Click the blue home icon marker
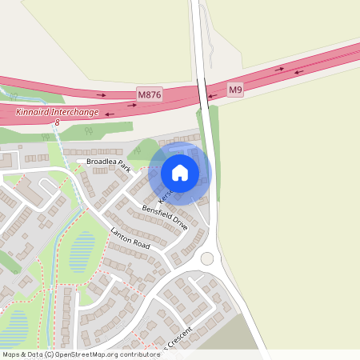pyautogui.click(x=180, y=172)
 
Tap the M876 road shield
pyautogui.click(x=150, y=95)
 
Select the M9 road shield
pyautogui.click(x=234, y=90)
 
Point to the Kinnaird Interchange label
pyautogui.click(x=58, y=113)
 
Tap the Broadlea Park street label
pyautogui.click(x=108, y=162)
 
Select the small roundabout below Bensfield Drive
pyautogui.click(x=208, y=258)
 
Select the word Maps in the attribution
pyautogui.click(x=10, y=354)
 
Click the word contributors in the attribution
pyautogui.click(x=140, y=354)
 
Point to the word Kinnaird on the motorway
pyautogui.click(x=32, y=113)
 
